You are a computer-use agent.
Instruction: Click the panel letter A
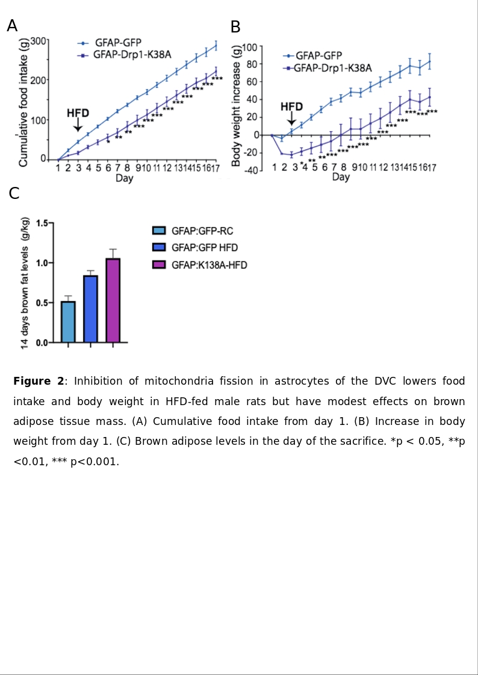[12, 26]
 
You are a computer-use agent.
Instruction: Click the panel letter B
[235, 27]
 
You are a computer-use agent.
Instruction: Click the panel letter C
[14, 194]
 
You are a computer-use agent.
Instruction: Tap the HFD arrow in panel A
[78, 125]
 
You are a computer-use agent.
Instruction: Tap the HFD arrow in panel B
[291, 118]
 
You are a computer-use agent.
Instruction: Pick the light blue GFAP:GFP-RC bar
[68, 322]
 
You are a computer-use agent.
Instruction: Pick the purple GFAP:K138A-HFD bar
[113, 301]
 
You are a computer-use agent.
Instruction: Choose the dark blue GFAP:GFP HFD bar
[90, 309]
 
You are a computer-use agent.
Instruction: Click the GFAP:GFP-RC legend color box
[160, 231]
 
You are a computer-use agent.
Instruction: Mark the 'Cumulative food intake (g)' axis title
[24, 102]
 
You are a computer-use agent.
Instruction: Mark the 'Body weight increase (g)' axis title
[236, 108]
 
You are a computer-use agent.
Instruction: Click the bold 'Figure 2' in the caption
[39, 382]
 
